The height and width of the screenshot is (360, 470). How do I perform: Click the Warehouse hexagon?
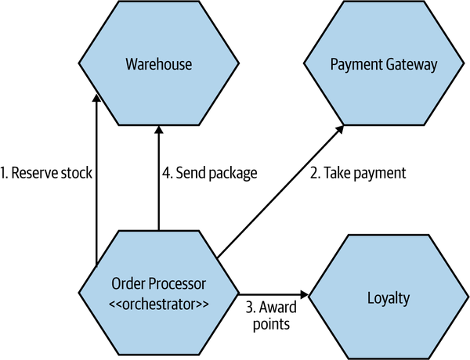pyautogui.click(x=159, y=63)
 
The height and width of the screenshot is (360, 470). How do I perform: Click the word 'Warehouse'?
pyautogui.click(x=159, y=62)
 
